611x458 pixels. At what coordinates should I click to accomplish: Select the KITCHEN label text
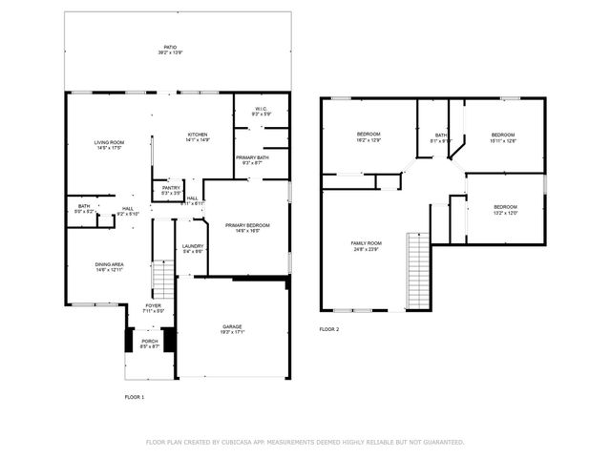[198, 135]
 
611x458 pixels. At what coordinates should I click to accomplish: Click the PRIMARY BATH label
[253, 157]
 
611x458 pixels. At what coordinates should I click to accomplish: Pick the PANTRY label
[171, 188]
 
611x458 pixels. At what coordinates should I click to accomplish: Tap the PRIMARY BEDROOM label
[247, 225]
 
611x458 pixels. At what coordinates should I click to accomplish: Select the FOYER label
[154, 305]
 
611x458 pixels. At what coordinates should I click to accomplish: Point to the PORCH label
[150, 341]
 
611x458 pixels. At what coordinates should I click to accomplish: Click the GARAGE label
[233, 328]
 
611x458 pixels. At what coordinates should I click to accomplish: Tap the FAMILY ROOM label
[366, 244]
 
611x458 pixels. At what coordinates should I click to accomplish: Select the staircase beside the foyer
[164, 281]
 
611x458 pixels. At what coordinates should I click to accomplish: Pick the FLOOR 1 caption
[136, 395]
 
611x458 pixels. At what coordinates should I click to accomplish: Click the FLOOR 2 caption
[329, 329]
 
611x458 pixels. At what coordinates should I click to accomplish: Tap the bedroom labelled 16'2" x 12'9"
[369, 134]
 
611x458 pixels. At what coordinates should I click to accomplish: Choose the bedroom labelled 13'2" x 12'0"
[505, 208]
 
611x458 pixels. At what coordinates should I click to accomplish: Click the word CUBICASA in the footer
[233, 442]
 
